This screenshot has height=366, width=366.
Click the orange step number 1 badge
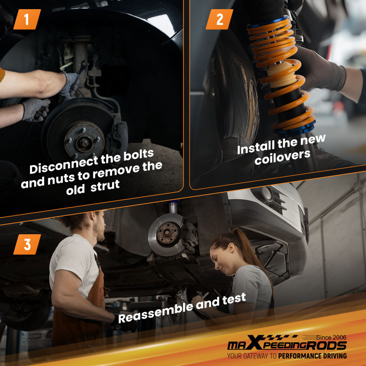click(x=27, y=19)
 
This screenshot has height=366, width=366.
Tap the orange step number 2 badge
click(x=219, y=19)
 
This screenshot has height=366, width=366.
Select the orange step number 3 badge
click(x=27, y=244)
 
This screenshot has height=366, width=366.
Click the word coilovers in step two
click(x=282, y=157)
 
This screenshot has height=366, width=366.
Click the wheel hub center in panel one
click(x=85, y=141)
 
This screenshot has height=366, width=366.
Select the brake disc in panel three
click(x=167, y=234)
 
